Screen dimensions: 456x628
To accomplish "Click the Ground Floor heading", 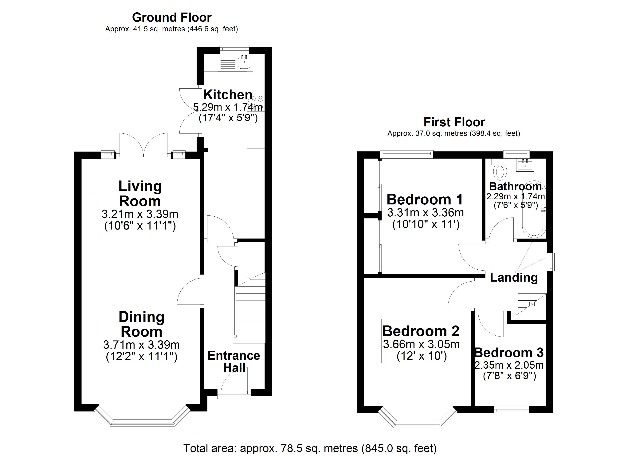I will pyautogui.click(x=172, y=17).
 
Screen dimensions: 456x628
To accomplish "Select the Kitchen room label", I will pyautogui.click(x=228, y=95).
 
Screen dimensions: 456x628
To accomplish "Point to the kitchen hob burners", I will pyautogui.click(x=257, y=103).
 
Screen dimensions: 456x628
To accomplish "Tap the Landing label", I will pyautogui.click(x=514, y=277).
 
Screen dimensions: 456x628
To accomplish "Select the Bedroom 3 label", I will pyautogui.click(x=509, y=353).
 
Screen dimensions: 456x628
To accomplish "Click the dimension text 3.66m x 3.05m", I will pyautogui.click(x=421, y=344).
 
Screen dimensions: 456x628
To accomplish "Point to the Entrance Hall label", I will pyautogui.click(x=234, y=361).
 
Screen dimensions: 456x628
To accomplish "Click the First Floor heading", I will pyautogui.click(x=454, y=122).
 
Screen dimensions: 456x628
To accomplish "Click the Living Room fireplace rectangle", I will pyautogui.click(x=90, y=214).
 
